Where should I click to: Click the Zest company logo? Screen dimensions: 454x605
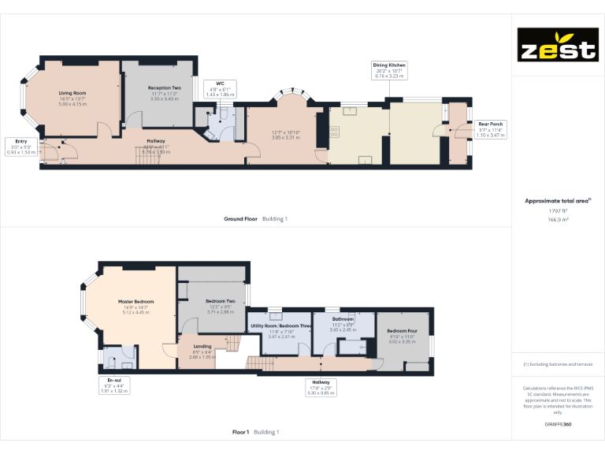tap(557, 45)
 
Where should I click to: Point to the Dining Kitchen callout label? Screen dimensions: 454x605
tap(389, 70)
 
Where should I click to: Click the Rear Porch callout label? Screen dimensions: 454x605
tap(491, 129)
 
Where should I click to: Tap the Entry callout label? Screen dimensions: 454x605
tap(20, 147)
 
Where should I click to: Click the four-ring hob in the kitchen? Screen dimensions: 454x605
tap(333, 132)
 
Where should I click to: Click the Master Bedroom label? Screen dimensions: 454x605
tap(136, 307)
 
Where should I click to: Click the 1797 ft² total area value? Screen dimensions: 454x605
tap(558, 211)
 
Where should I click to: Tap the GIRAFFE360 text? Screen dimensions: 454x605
tap(558, 424)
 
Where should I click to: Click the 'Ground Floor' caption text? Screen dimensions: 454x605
tap(240, 218)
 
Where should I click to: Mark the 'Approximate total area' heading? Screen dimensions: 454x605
tap(557, 201)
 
